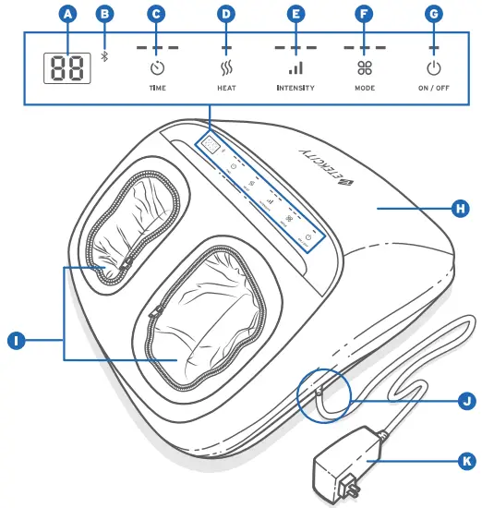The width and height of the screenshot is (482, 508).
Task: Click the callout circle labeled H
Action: coord(459,209)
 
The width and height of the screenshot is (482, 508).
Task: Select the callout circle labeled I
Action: coord(15,341)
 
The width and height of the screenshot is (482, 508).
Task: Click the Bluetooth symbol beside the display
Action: coord(104,56)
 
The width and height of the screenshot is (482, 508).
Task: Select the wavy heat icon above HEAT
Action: coord(225,67)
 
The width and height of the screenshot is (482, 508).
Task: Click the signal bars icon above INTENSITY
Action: coord(295,67)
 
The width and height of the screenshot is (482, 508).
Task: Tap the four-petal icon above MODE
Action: coord(364,67)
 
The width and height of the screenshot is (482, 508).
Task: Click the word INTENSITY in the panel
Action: coord(295,88)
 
